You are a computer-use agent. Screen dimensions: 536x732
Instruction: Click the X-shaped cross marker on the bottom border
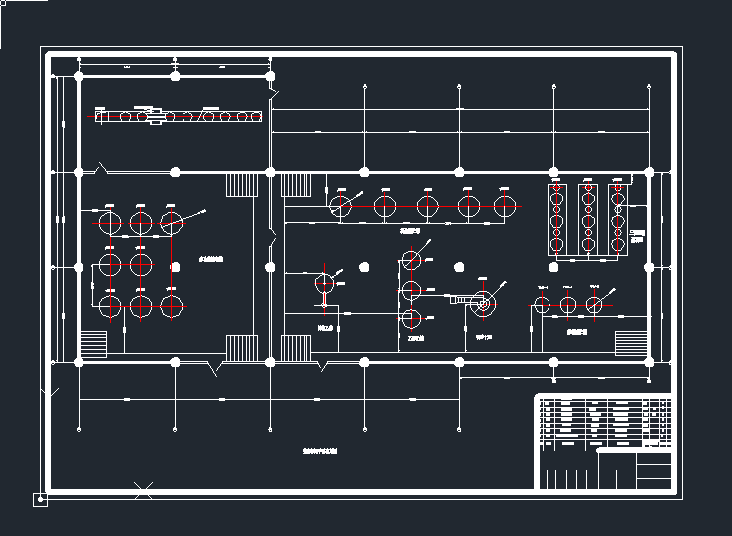pyautogui.click(x=143, y=488)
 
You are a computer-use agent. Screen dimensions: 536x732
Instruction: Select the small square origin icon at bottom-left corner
pyautogui.click(x=41, y=499)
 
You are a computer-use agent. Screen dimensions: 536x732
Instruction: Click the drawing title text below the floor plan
pyautogui.click(x=319, y=450)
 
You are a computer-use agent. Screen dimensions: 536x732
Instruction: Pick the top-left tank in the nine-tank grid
pyautogui.click(x=109, y=222)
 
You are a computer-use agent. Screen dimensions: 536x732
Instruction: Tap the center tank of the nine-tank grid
pyautogui.click(x=141, y=264)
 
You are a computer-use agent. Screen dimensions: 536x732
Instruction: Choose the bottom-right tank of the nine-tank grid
pyautogui.click(x=173, y=306)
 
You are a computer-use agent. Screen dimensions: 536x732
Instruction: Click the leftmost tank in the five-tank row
pyautogui.click(x=342, y=206)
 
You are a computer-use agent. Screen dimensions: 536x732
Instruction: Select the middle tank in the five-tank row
pyautogui.click(x=427, y=206)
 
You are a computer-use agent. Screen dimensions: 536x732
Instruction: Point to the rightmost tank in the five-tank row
pyautogui.click(x=506, y=206)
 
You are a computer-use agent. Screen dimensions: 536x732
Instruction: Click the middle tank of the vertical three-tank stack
pyautogui.click(x=411, y=289)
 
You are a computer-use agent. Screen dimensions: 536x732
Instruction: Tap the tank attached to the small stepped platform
pyautogui.click(x=483, y=305)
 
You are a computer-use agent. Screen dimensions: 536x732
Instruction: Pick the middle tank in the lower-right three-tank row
pyautogui.click(x=567, y=305)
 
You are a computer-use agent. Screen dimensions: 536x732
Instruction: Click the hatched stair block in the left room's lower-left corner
pyautogui.click(x=93, y=344)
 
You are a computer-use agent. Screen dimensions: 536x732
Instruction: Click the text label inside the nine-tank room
pyautogui.click(x=211, y=260)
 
